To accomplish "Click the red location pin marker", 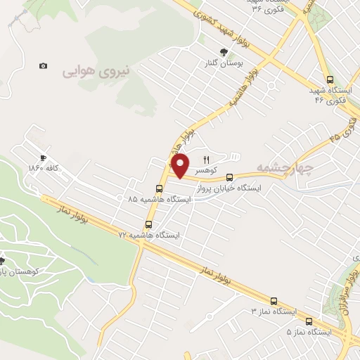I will tap(181, 165).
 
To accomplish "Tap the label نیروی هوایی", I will tap(93, 70).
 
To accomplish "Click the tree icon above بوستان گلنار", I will tap(224, 52).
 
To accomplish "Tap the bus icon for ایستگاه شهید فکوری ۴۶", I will tap(329, 79).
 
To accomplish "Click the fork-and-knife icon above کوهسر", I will tap(207, 158).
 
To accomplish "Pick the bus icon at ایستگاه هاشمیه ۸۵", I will tap(159, 188).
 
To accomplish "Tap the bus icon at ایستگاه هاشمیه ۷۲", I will tap(148, 225).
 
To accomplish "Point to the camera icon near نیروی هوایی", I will tap(44, 65).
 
